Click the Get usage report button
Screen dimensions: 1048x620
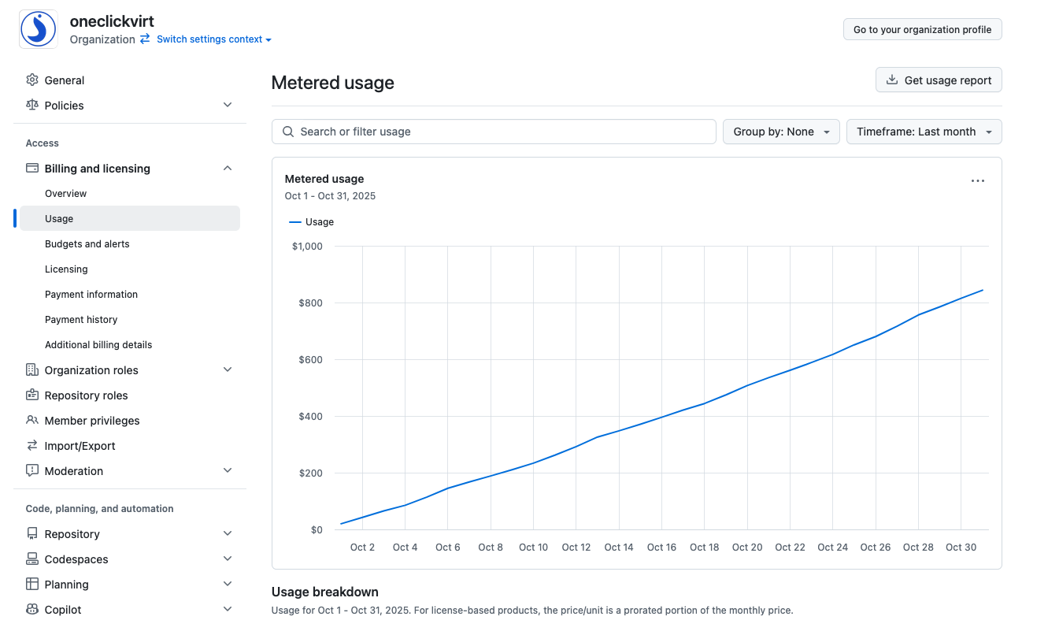939,80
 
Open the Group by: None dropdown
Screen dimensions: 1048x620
781,132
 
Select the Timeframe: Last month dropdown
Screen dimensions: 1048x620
924,132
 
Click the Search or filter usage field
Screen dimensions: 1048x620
494,132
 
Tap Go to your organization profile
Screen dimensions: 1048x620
922,29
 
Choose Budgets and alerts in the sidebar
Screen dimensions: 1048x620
87,244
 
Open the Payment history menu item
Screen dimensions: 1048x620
81,319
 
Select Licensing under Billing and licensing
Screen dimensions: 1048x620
66,269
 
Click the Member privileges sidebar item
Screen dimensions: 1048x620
91,421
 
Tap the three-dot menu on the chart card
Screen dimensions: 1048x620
977,180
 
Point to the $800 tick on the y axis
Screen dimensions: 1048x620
311,303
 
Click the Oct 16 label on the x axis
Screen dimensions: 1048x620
661,547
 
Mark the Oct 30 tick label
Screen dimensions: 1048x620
961,547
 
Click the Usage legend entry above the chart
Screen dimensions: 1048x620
311,222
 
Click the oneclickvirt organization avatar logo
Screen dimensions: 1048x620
39,29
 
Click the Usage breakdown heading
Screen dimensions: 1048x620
324,592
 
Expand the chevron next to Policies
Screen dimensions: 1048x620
228,105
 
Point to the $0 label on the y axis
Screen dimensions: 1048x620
317,529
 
